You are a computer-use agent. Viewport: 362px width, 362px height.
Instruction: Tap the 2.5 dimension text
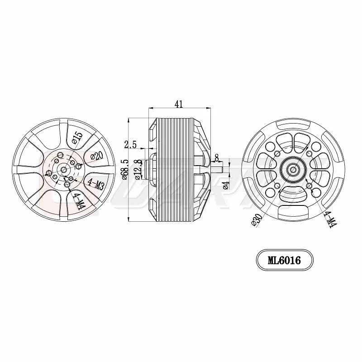tap(131, 144)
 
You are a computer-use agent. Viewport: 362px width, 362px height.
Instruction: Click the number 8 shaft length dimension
tap(217, 157)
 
